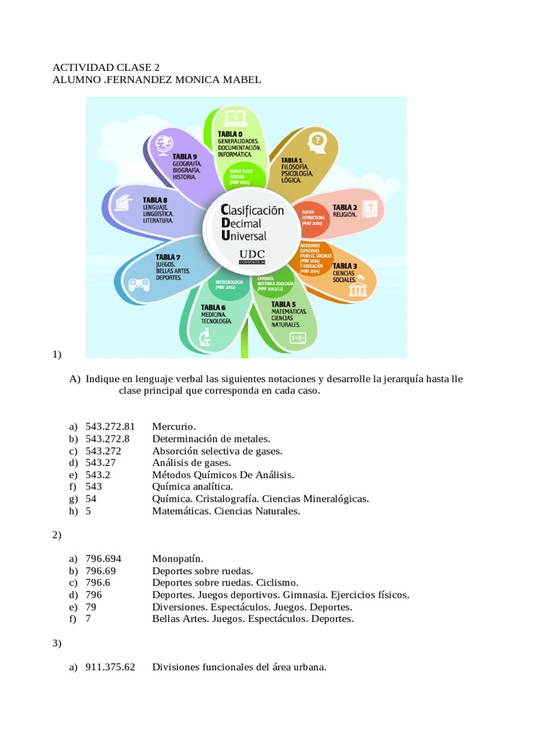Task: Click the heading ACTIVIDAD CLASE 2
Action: click(106, 68)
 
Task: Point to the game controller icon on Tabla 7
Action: click(138, 286)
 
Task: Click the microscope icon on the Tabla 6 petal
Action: click(205, 336)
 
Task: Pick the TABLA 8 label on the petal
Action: click(155, 200)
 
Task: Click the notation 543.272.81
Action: click(110, 427)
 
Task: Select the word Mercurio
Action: click(174, 427)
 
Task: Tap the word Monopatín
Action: click(178, 558)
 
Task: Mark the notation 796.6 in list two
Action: click(100, 583)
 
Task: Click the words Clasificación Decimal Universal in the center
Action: click(253, 223)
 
